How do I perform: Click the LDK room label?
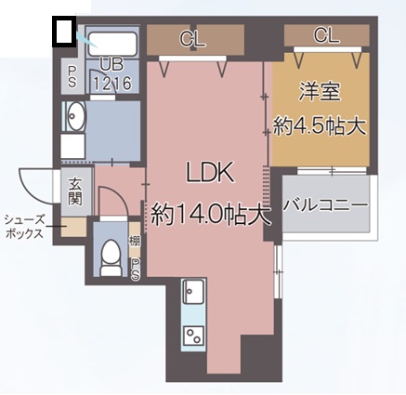coord(209,174)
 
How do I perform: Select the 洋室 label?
coord(321,92)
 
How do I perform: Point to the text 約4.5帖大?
coord(320,124)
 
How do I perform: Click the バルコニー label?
coord(325,204)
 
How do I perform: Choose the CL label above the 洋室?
coord(326,36)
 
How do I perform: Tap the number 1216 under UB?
coord(112,83)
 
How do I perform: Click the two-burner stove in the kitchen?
coord(194,336)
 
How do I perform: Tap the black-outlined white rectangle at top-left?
coord(63,32)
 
